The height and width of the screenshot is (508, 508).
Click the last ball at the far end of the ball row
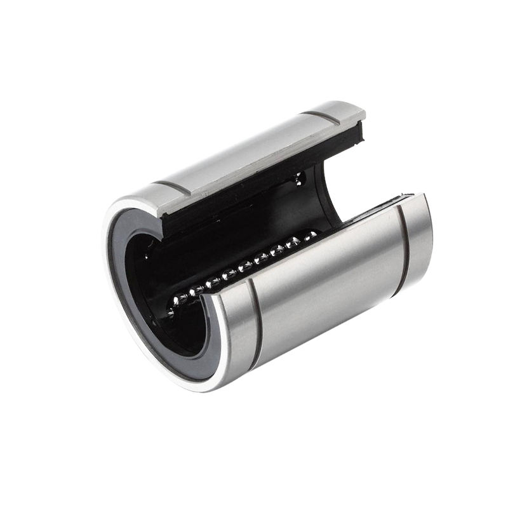click(311, 236)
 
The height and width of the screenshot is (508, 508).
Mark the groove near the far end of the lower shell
click(403, 251)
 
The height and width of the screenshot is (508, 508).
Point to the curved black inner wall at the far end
click(330, 190)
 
